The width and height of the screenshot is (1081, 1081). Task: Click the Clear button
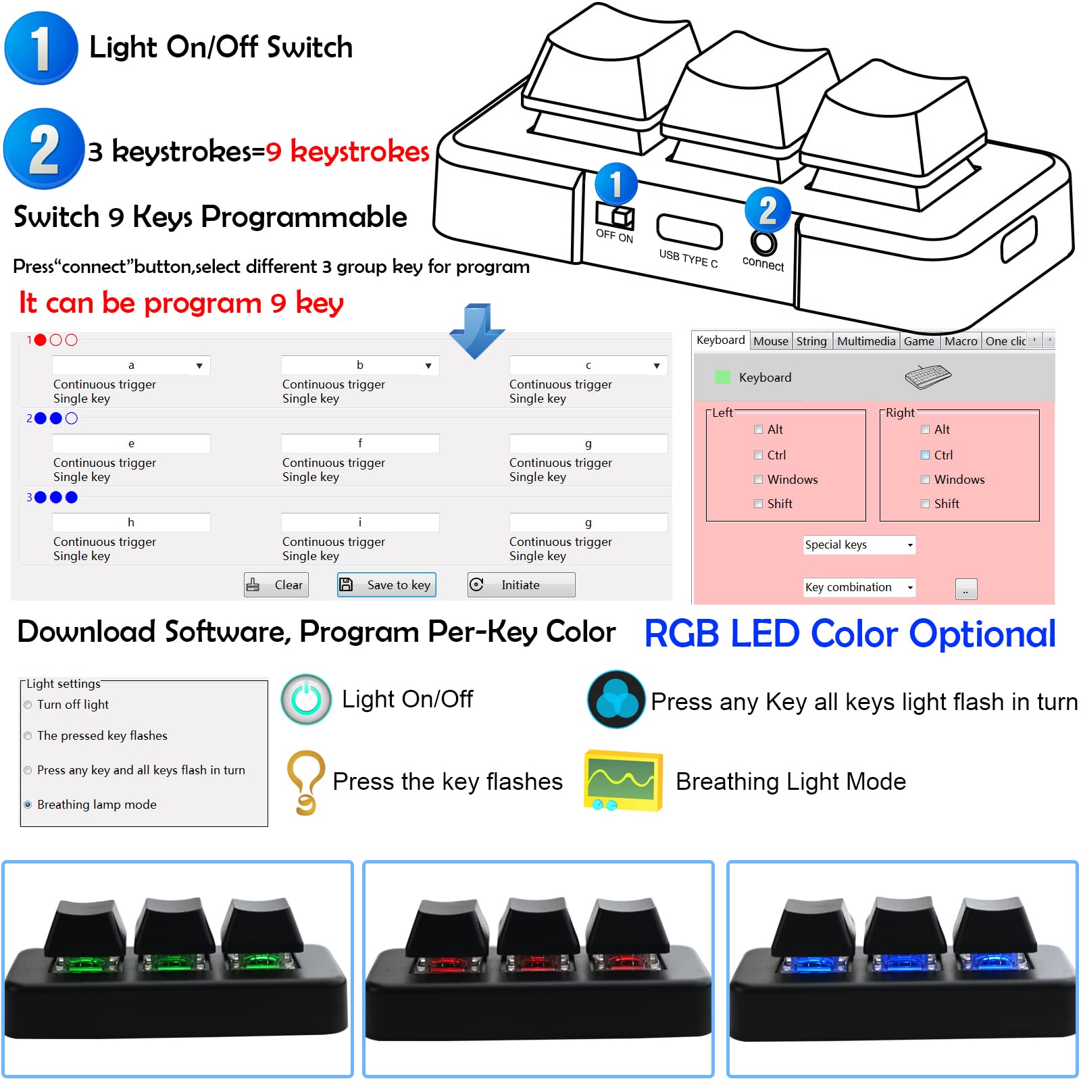[276, 585]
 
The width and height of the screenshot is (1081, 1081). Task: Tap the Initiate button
[521, 585]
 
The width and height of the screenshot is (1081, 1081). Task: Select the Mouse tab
[771, 341]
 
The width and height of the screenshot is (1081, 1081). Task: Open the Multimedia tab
[866, 341]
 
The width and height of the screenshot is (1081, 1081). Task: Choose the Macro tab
[961, 341]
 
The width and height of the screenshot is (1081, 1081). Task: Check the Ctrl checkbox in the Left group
[759, 455]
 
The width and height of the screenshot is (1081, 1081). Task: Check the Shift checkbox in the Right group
[926, 503]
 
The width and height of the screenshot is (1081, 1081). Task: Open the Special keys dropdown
[859, 545]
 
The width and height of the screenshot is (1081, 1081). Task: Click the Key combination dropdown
[859, 587]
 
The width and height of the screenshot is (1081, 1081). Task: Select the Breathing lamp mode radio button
[28, 805]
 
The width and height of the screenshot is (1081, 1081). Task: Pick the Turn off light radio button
[28, 705]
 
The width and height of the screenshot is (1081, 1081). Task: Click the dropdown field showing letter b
[360, 366]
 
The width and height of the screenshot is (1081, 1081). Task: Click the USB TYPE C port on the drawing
[689, 232]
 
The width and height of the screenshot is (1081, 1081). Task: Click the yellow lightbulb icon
[306, 782]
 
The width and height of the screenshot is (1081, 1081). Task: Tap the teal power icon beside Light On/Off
[306, 699]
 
